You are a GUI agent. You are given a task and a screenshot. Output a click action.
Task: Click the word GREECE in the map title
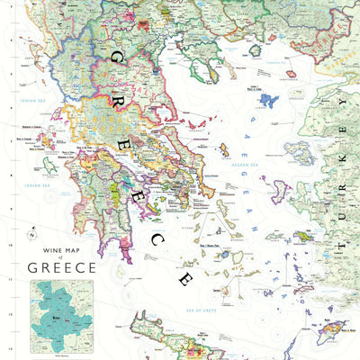[x=61, y=267]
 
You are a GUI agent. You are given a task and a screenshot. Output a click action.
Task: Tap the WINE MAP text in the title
[x=61, y=242]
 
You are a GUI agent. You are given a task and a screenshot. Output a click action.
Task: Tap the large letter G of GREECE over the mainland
[x=115, y=58]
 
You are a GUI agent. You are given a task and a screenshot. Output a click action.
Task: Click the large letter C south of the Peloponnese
[x=157, y=239]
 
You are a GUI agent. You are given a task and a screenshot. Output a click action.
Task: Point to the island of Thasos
[x=223, y=47]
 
